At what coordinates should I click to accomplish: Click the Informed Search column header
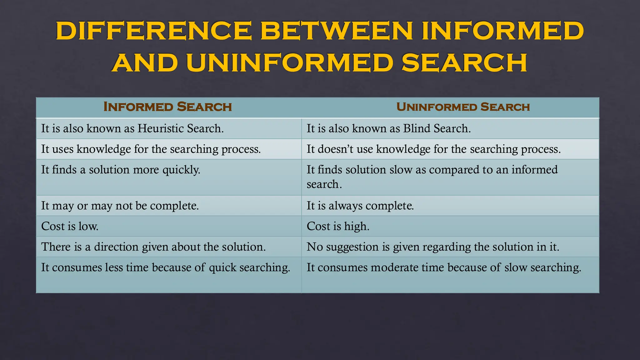[167, 107]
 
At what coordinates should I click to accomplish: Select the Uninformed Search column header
[463, 107]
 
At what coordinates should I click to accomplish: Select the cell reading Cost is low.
[70, 226]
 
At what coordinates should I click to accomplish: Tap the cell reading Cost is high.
[338, 226]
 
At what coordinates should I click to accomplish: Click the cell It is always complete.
[360, 206]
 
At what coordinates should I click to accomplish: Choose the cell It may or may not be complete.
[120, 206]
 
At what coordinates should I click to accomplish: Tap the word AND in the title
[145, 62]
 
